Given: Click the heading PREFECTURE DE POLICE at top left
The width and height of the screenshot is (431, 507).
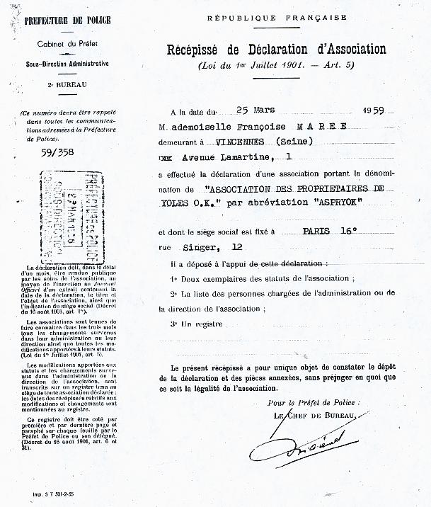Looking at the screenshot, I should click(x=67, y=21).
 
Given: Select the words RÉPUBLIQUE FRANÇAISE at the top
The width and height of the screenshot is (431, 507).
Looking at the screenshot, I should click(x=276, y=17).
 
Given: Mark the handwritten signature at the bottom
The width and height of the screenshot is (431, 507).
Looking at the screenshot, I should click(x=304, y=447).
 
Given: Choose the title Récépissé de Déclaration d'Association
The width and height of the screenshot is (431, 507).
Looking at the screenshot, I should click(x=276, y=50).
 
